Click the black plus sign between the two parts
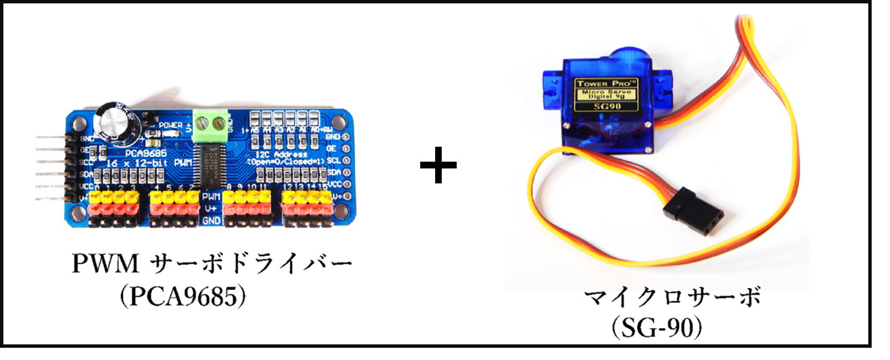point(438,166)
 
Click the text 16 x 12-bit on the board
point(133,164)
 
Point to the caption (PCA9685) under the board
point(182,298)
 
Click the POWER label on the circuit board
point(170,125)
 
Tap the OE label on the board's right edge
point(333,147)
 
